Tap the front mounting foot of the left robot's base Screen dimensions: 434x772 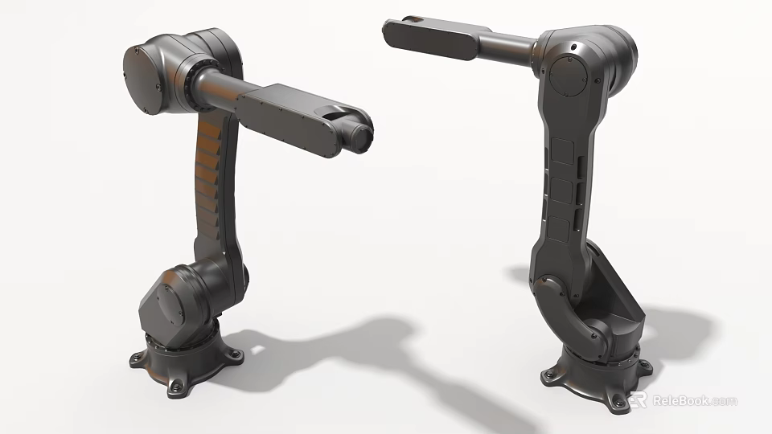(178, 388)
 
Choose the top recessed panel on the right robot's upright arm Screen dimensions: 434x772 (562, 153)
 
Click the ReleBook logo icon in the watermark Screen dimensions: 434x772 (639, 399)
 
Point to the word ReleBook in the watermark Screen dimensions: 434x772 (679, 400)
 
